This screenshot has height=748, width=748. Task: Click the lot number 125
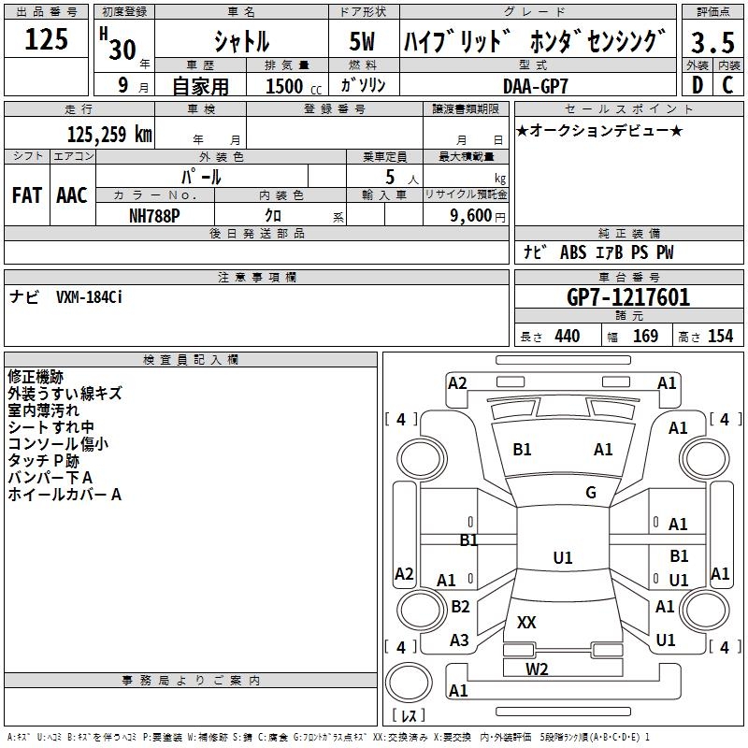point(46,40)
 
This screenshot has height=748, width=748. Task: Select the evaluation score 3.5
point(711,43)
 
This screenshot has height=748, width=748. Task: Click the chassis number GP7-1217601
point(628,297)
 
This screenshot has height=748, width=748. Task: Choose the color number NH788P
point(155,214)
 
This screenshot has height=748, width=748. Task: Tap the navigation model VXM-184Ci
point(90,297)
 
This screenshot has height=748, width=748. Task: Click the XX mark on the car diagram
point(526,622)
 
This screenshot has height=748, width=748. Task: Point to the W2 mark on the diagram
point(536,669)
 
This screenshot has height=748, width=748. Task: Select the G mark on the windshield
point(591,493)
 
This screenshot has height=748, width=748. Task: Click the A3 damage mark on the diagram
point(459,640)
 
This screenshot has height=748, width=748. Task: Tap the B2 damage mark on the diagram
point(460,607)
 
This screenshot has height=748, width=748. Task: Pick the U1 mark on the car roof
point(562,558)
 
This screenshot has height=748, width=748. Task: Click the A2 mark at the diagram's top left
point(457,382)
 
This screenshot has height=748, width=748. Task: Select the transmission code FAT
point(26,195)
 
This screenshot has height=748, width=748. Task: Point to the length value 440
point(567,337)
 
